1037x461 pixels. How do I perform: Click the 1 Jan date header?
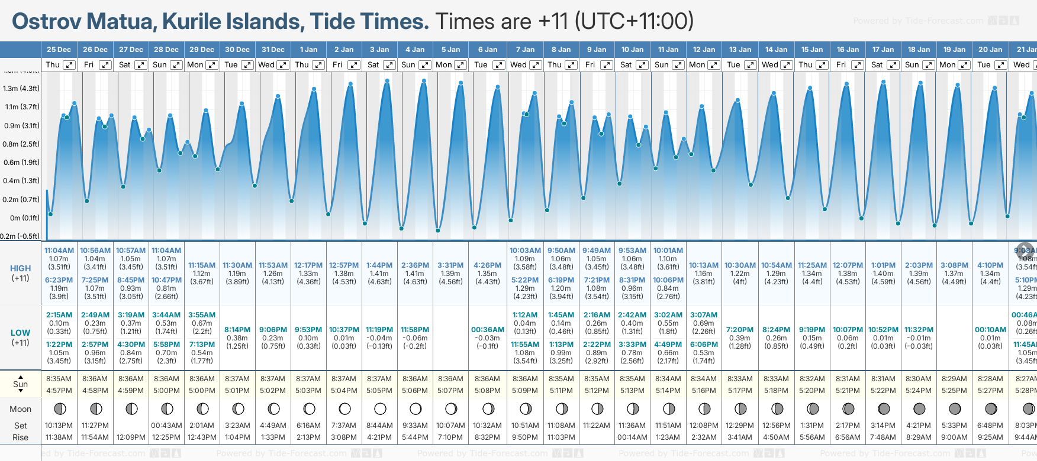pyautogui.click(x=308, y=50)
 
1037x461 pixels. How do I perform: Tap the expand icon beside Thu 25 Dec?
pyautogui.click(x=69, y=65)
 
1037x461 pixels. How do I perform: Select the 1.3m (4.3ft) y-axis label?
pyautogui.click(x=21, y=89)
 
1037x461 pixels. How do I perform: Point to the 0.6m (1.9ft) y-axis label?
pyautogui.click(x=21, y=163)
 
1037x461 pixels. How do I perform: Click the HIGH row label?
pyautogui.click(x=21, y=268)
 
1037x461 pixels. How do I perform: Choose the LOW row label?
pyautogui.click(x=21, y=333)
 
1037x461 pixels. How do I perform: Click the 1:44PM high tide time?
pyautogui.click(x=379, y=265)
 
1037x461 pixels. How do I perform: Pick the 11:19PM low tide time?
pyautogui.click(x=379, y=330)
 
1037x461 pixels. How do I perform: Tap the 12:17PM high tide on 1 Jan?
pyautogui.click(x=308, y=265)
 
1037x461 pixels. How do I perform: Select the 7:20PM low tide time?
pyautogui.click(x=740, y=330)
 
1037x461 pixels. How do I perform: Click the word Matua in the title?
pyautogui.click(x=122, y=22)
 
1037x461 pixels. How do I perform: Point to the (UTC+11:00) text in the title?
pyautogui.click(x=634, y=22)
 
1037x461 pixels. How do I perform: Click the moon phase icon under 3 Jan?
pyautogui.click(x=380, y=408)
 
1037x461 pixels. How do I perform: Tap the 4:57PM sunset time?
pyautogui.click(x=59, y=391)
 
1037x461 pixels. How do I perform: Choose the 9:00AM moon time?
pyautogui.click(x=954, y=437)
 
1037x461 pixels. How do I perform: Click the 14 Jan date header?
pyautogui.click(x=776, y=50)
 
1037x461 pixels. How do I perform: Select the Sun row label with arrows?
pyautogui.click(x=21, y=384)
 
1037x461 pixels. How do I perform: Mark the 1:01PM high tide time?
pyautogui.click(x=883, y=265)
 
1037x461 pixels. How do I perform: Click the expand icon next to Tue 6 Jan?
pyautogui.click(x=499, y=65)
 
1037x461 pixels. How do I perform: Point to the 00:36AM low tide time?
pyautogui.click(x=488, y=330)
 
